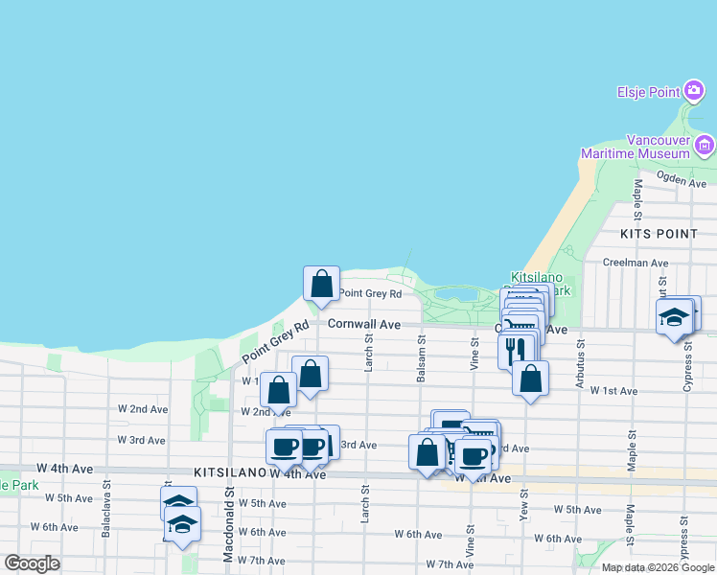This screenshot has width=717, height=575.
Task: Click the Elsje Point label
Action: [647, 93]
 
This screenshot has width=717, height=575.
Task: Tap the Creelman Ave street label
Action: [635, 263]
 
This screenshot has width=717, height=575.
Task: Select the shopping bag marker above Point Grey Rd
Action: [321, 284]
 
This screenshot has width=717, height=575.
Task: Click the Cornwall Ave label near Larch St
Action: [363, 324]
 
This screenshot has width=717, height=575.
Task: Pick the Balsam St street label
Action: [421, 357]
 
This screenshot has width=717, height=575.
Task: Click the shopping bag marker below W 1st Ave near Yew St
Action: [530, 378]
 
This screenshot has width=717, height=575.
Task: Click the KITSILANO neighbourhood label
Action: [229, 472]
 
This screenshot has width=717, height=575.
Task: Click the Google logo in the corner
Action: [32, 563]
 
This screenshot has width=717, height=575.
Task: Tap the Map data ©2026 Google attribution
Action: [657, 567]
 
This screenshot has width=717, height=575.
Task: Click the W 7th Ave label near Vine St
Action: [450, 564]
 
